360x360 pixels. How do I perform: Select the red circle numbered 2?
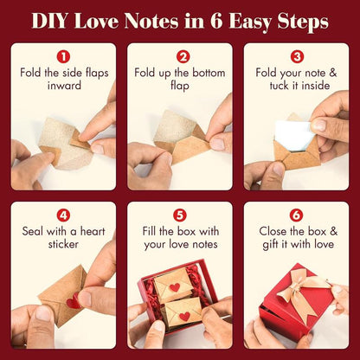click(180, 56)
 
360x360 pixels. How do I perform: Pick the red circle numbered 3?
click(298, 56)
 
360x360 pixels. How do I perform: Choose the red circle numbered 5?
click(180, 215)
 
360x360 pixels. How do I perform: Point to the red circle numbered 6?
click(298, 215)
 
